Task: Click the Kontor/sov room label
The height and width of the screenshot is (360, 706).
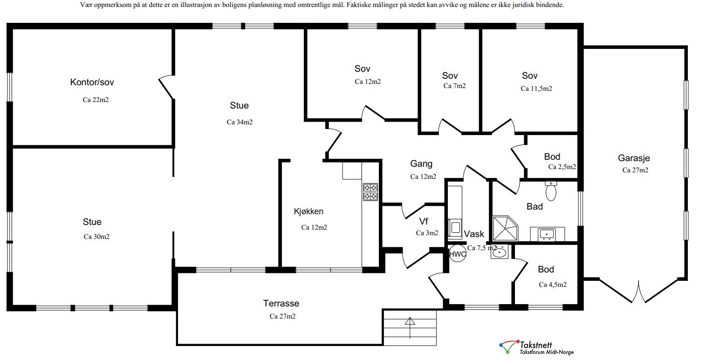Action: click(x=92, y=82)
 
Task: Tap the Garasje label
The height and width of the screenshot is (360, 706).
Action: click(x=634, y=158)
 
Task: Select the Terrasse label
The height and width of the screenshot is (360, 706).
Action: click(x=281, y=303)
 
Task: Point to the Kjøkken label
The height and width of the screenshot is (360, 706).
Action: click(x=308, y=211)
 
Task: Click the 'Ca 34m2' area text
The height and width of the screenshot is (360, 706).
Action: click(x=240, y=122)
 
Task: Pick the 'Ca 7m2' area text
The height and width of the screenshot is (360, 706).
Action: click(x=454, y=86)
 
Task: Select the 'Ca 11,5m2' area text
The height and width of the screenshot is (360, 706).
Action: click(x=536, y=88)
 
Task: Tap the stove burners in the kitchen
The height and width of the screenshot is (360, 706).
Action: click(x=370, y=192)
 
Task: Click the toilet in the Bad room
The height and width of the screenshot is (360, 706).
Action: click(x=551, y=191)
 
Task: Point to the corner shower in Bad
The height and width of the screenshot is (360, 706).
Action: click(x=505, y=228)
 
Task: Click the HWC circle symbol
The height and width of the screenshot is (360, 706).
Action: click(x=457, y=254)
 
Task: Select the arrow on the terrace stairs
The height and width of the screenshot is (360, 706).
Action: click(x=410, y=328)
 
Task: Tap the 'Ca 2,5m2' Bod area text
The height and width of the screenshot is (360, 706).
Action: click(x=562, y=167)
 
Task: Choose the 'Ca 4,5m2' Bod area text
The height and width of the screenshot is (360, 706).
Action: click(x=553, y=285)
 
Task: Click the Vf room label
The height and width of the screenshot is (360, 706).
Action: click(x=424, y=221)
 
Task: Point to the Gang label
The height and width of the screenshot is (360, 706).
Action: click(x=421, y=164)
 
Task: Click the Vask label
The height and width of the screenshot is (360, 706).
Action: click(x=474, y=234)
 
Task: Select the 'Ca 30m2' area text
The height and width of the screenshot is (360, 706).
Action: click(x=96, y=237)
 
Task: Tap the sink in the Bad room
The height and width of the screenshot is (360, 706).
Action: click(x=547, y=234)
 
